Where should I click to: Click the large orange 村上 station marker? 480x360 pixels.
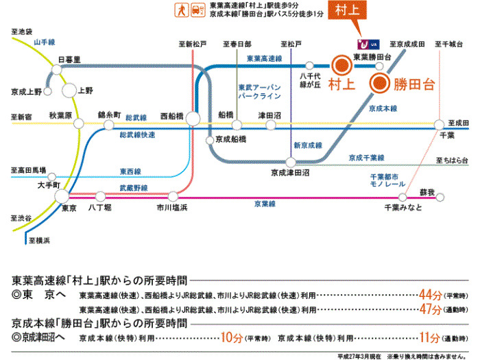point(341,66)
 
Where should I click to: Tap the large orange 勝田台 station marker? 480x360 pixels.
point(380,84)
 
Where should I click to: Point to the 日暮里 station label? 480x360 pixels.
point(70,60)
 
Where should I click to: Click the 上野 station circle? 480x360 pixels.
point(69,90)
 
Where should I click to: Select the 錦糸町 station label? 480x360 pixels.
point(110,115)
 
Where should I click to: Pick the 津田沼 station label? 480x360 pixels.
point(269,115)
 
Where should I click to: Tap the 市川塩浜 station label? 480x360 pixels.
point(172,207)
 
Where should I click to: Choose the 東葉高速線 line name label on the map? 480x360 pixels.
point(264,59)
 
